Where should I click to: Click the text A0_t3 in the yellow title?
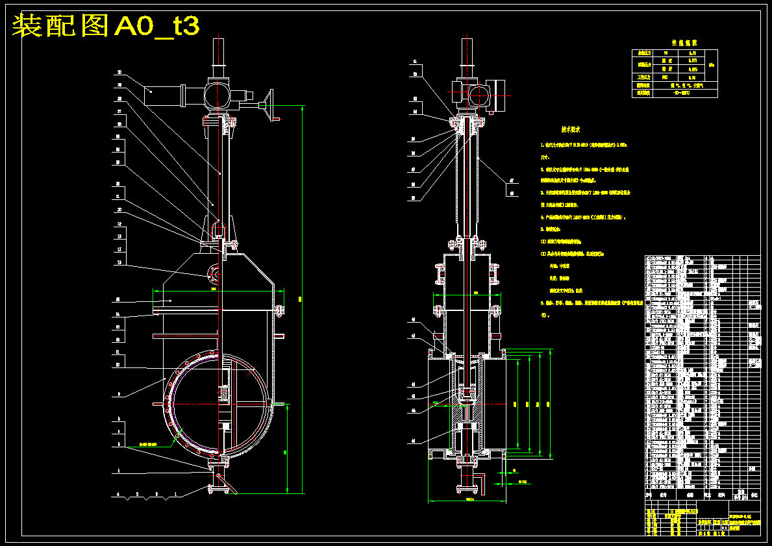click(x=156, y=26)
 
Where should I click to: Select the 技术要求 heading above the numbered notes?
click(x=575, y=129)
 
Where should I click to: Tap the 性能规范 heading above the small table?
click(x=675, y=43)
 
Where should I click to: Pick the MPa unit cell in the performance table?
click(x=712, y=65)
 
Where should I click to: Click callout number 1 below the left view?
click(x=175, y=495)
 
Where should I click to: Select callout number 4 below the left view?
click(x=118, y=495)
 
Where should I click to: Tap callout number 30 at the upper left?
click(x=119, y=72)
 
